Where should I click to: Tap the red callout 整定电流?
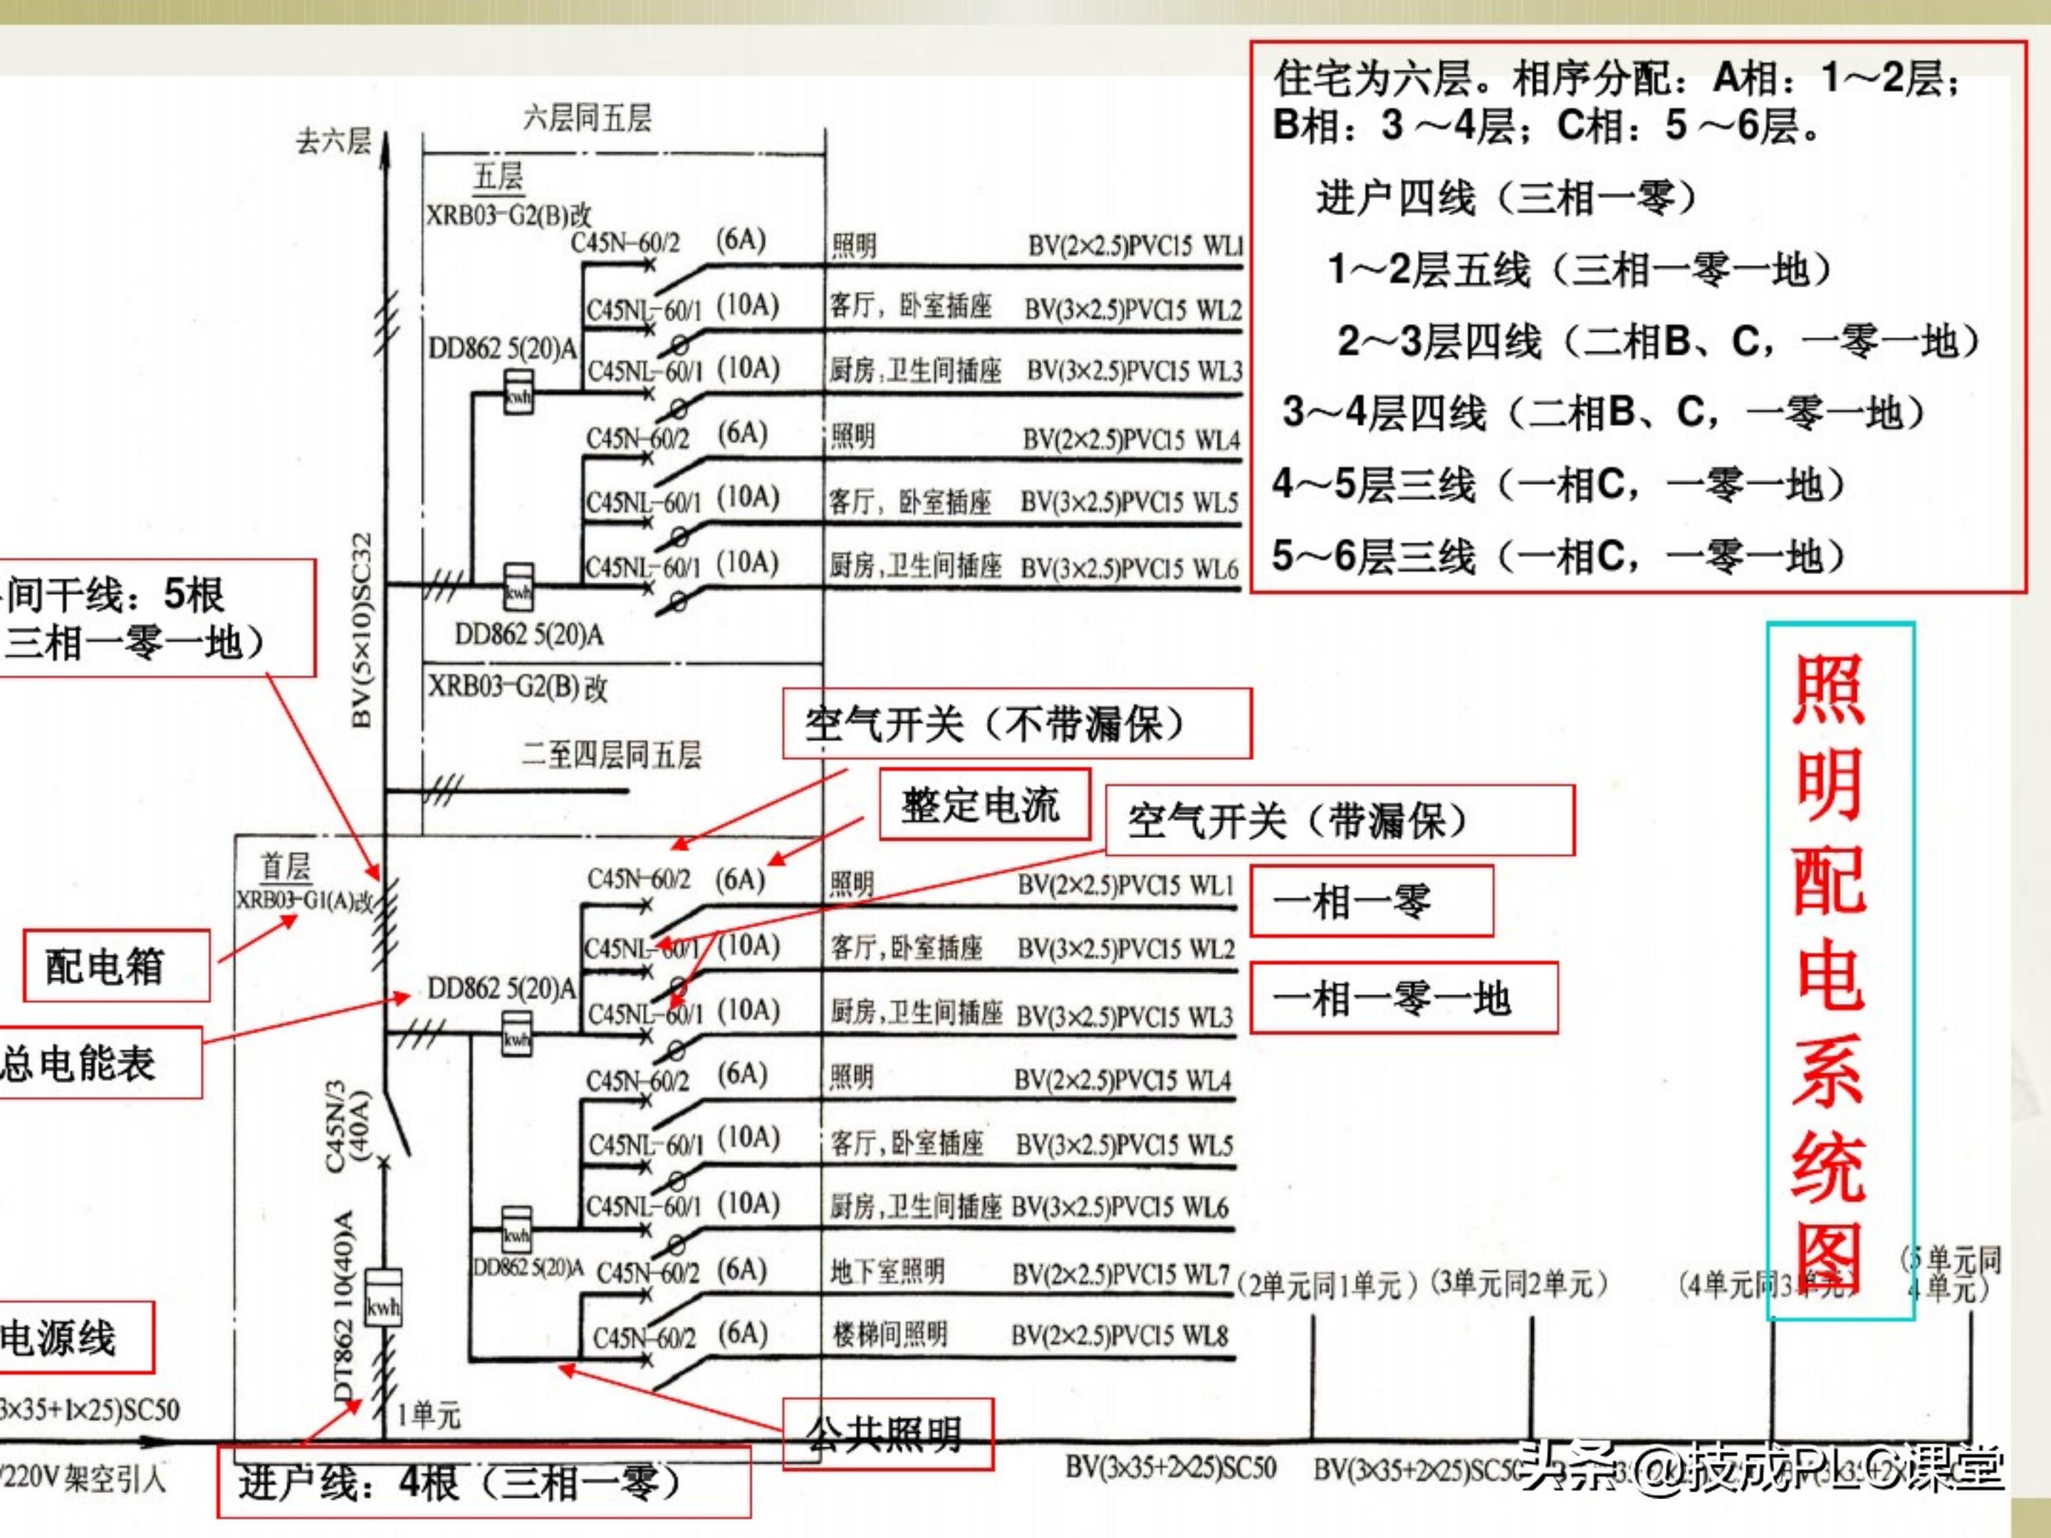(983, 804)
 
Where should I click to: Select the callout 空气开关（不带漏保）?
(1016, 723)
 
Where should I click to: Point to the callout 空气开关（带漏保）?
(1339, 820)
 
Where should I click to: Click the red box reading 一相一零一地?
(1403, 998)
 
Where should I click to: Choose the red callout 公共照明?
(887, 1434)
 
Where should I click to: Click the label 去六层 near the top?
(333, 142)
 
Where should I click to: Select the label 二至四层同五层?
(611, 755)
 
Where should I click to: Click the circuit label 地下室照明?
(887, 1271)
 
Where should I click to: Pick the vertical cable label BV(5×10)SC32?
(362, 630)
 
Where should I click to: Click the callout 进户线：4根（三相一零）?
(483, 1482)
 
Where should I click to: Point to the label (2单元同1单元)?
(1327, 1285)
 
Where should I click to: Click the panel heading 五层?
(499, 176)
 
